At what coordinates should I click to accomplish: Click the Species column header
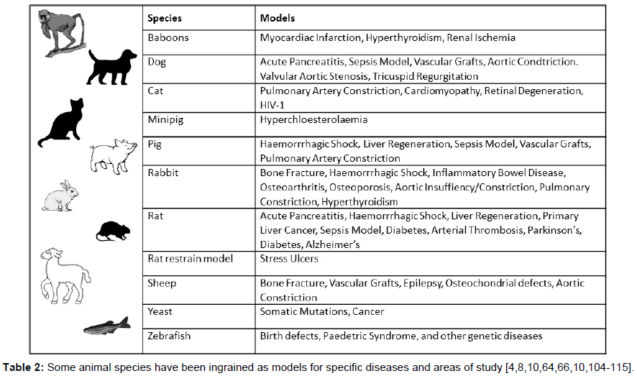pyautogui.click(x=164, y=18)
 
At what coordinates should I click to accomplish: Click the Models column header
pyautogui.click(x=277, y=18)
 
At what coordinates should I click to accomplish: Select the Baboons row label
pyautogui.click(x=168, y=37)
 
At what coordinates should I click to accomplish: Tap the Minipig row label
pyautogui.click(x=165, y=119)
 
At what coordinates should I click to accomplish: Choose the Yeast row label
pyautogui.click(x=160, y=311)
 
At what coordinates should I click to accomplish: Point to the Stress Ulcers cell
pyautogui.click(x=289, y=258)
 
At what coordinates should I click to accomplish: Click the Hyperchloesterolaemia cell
pyautogui.click(x=313, y=119)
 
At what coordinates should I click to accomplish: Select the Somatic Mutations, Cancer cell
pyautogui.click(x=322, y=311)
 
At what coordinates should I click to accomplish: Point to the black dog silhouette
pyautogui.click(x=112, y=67)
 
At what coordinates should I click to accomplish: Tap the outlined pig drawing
pyautogui.click(x=112, y=152)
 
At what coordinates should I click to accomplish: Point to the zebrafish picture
pyautogui.click(x=106, y=326)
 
